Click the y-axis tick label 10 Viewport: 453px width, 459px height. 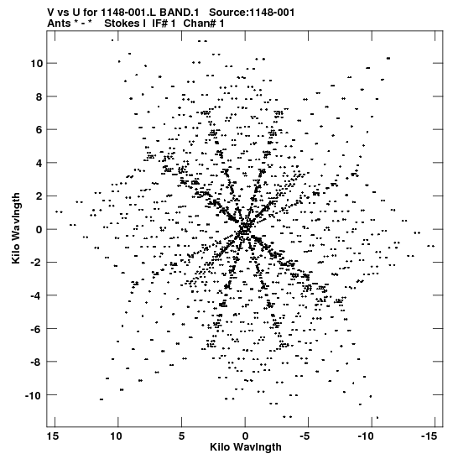36,63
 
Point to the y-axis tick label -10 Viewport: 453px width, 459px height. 34,396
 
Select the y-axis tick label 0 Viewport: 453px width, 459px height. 39,230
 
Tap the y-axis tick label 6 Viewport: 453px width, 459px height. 39,130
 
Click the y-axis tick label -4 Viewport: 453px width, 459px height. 37,295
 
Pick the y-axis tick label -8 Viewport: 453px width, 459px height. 37,363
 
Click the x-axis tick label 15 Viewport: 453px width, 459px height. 53,436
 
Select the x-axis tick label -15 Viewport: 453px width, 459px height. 430,436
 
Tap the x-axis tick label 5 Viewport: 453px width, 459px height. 181,436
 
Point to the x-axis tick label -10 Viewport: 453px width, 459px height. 366,436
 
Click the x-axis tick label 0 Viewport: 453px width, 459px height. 245,436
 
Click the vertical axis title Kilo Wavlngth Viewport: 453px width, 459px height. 16,228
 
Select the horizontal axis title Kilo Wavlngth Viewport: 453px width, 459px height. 246,447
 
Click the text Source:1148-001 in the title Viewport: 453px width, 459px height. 252,13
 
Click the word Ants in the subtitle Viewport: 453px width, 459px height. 59,23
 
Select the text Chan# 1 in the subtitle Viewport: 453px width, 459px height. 204,23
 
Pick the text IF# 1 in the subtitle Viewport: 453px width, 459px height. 164,23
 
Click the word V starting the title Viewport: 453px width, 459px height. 50,13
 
